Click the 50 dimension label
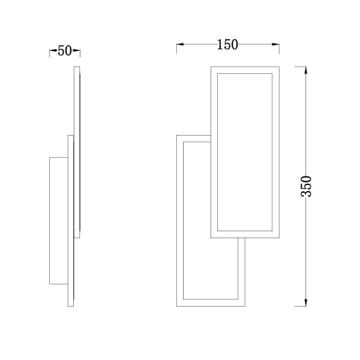coord(65,51)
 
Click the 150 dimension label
coord(227,45)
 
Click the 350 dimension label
coord(306,186)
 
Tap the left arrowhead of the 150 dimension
coord(180,44)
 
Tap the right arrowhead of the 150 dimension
coord(275,44)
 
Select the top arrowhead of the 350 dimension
coord(305,70)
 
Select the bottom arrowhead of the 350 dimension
coord(305,302)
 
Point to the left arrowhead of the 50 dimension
coord(53,50)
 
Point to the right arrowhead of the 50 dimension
coord(76,50)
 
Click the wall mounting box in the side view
coord(59,221)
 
